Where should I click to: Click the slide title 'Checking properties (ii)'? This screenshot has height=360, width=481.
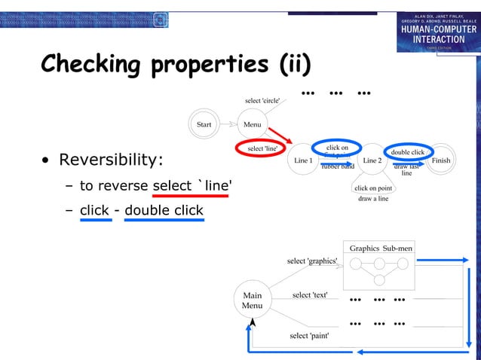pos(176,65)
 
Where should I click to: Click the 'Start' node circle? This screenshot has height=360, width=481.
pos(204,124)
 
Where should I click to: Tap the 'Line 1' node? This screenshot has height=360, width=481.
pos(303,160)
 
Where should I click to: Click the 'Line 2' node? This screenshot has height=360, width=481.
pos(372,160)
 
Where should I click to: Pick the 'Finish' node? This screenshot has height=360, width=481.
pos(440,160)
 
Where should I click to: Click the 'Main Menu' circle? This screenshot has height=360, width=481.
pos(252,301)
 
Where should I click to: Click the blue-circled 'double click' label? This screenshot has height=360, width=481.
pos(407,152)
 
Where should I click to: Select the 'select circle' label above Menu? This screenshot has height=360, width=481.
pos(262,100)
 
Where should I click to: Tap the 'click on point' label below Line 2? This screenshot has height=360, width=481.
pos(374,188)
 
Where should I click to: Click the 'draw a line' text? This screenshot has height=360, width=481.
pos(373,199)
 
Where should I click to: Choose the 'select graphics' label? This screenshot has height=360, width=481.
pos(312,261)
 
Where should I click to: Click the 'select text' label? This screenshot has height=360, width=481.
pos(310,294)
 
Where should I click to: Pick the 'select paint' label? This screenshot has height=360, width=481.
pos(309,335)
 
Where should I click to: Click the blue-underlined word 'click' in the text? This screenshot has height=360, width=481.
pos(94,210)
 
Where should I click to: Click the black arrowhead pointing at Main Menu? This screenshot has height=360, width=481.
pos(253,322)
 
